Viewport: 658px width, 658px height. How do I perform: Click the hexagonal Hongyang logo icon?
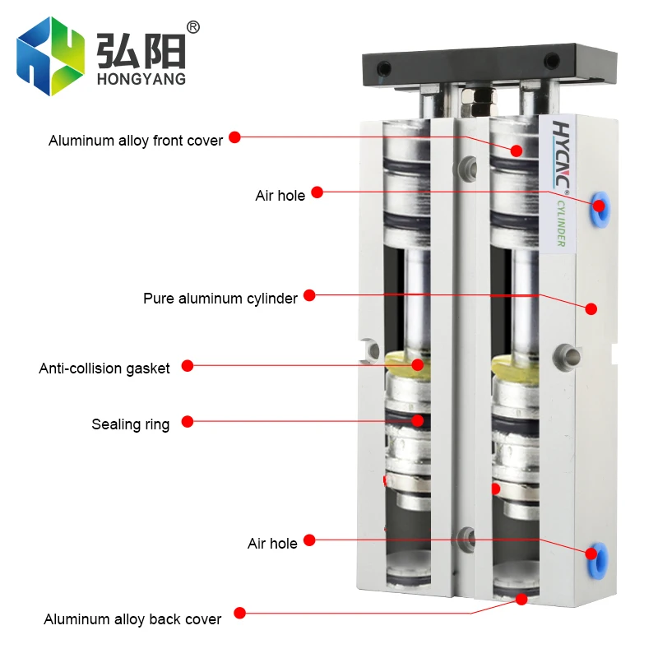pyautogui.click(x=50, y=56)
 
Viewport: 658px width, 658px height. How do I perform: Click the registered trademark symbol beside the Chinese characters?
pyautogui.click(x=193, y=27)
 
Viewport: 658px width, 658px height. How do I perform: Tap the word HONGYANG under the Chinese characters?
pyautogui.click(x=141, y=79)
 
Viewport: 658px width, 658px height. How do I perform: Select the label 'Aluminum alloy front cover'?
pyautogui.click(x=136, y=141)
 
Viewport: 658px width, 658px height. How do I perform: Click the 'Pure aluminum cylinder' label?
pyautogui.click(x=220, y=299)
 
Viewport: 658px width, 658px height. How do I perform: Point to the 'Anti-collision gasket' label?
pyautogui.click(x=104, y=368)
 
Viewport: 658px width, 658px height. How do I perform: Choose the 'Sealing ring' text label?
pyautogui.click(x=131, y=424)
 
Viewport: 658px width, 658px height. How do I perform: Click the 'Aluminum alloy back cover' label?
pyautogui.click(x=132, y=619)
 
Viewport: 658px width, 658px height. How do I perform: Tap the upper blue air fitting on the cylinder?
pyautogui.click(x=600, y=210)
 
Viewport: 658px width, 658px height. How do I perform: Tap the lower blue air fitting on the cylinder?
pyautogui.click(x=598, y=560)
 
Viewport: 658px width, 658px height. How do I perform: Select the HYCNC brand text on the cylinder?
pyautogui.click(x=561, y=155)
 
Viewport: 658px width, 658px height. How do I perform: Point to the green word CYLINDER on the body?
pyautogui.click(x=561, y=223)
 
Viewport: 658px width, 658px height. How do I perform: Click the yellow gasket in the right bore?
pyautogui.click(x=516, y=367)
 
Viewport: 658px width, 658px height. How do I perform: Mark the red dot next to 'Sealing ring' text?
pyautogui.click(x=188, y=422)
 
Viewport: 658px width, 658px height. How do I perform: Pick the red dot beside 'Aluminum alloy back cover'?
pyautogui.click(x=239, y=613)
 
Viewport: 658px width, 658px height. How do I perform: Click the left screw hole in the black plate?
pyautogui.click(x=384, y=68)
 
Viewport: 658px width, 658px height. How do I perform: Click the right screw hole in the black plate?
pyautogui.click(x=551, y=61)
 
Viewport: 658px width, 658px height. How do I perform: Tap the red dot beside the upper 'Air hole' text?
pyautogui.click(x=317, y=192)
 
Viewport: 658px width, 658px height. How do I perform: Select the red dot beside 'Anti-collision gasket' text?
pyautogui.click(x=188, y=366)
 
